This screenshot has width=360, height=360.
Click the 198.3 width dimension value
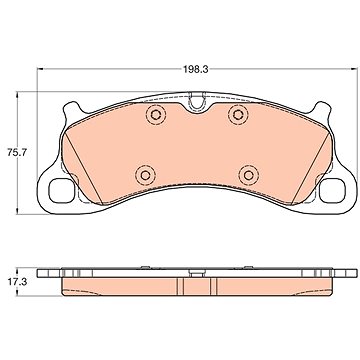pyautogui.click(x=195, y=69)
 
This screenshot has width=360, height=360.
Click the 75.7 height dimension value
pyautogui.click(x=16, y=153)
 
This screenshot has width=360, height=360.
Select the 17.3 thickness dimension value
pyautogui.click(x=17, y=282)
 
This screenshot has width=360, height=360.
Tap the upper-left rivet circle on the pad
pyautogui.click(x=155, y=115)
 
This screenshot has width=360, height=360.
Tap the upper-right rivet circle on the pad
pyautogui.click(x=238, y=115)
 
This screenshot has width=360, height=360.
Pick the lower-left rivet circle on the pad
pyautogui.click(x=145, y=175)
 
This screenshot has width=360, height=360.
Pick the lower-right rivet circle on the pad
pyautogui.click(x=249, y=175)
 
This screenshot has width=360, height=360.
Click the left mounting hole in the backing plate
pyautogui.click(x=61, y=191)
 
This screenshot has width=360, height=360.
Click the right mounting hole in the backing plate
pyautogui.click(x=332, y=191)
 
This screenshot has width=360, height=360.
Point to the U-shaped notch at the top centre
pyautogui.click(x=196, y=101)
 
